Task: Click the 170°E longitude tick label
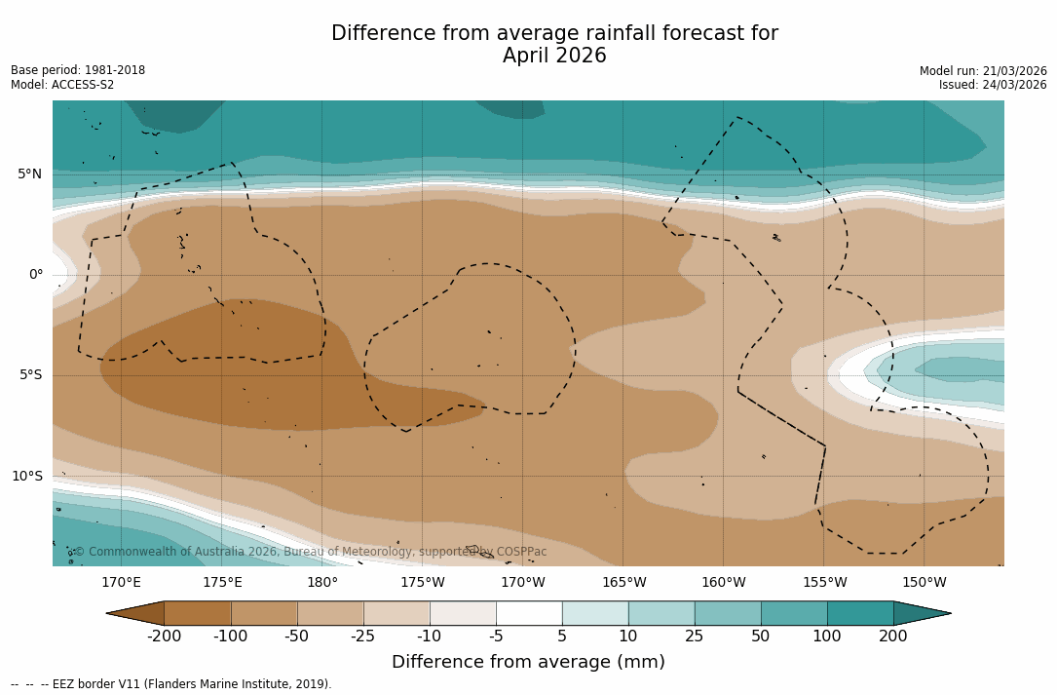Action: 121,583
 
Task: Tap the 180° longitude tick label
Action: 321,583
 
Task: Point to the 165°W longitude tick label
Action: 623,583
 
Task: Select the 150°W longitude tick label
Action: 924,583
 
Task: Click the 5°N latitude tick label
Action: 29,174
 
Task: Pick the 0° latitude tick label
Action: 36,275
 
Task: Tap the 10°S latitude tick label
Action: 26,477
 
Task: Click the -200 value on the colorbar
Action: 164,637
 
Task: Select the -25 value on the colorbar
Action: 363,637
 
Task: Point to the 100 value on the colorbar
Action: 827,637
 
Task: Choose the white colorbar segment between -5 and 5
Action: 529,613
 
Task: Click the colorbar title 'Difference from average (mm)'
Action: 528,663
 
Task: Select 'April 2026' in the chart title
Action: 554,57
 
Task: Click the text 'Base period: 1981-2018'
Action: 78,70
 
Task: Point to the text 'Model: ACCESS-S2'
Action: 62,85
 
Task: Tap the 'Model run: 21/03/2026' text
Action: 983,71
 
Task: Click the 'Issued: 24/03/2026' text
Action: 993,85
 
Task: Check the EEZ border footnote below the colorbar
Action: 171,684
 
